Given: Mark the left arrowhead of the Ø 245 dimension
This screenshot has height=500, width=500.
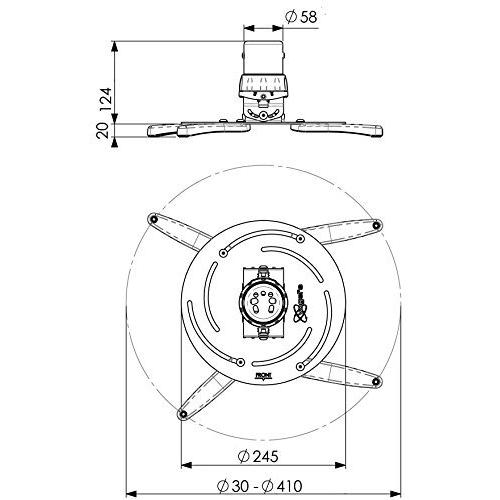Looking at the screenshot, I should tap(183, 465).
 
